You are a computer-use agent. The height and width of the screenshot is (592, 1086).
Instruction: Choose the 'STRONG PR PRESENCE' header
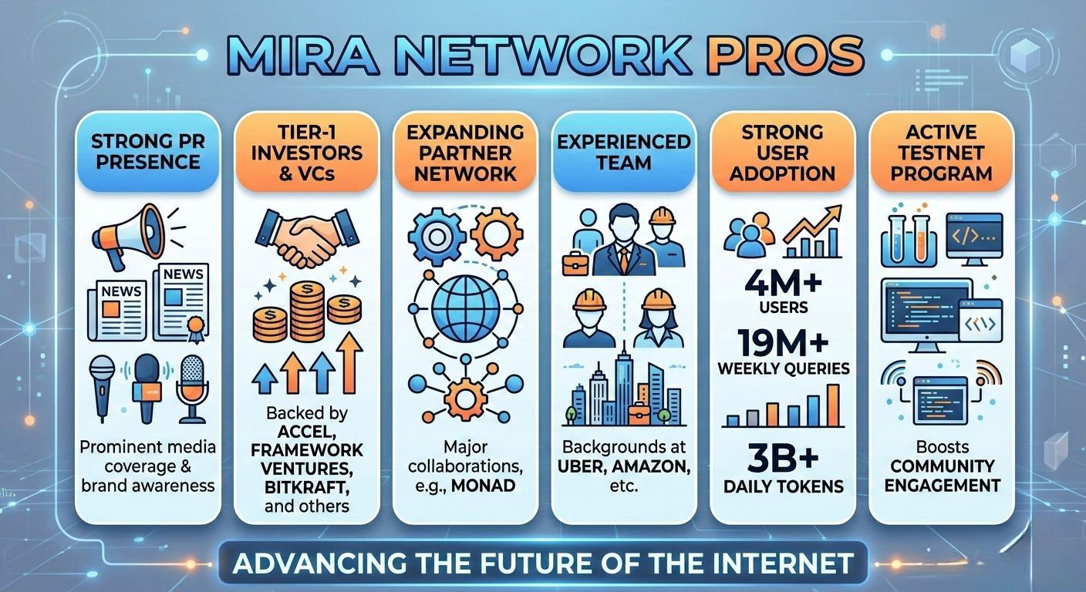[146, 152]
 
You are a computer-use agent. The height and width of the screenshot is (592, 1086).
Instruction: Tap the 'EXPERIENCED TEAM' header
[623, 152]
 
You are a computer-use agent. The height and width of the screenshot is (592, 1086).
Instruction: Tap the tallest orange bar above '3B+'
[832, 405]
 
